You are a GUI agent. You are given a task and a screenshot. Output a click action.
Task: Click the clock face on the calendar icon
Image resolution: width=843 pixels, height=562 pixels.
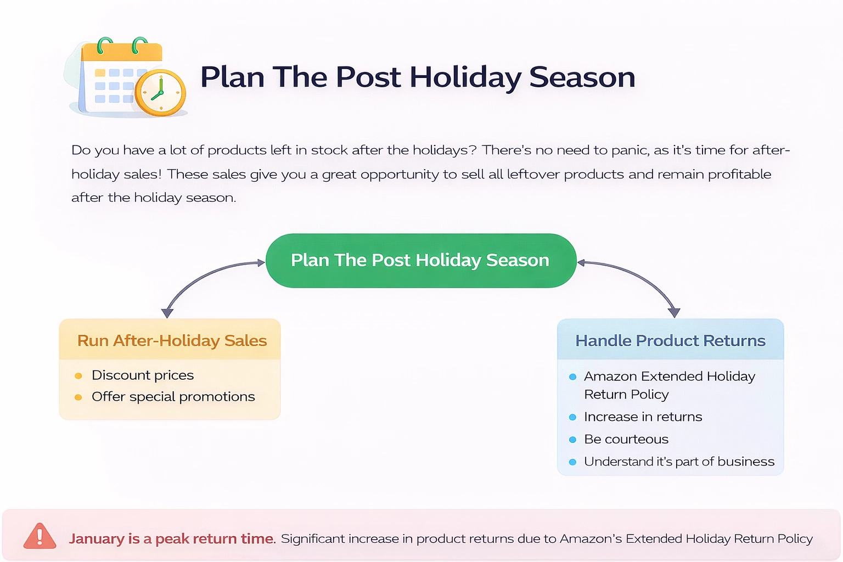160,93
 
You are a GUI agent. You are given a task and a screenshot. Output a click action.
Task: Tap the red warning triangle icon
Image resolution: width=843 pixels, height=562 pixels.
40,536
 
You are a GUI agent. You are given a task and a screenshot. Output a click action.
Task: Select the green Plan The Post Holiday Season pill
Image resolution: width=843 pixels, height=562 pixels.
421,261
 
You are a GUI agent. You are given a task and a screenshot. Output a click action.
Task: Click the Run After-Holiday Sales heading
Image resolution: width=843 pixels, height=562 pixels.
172,341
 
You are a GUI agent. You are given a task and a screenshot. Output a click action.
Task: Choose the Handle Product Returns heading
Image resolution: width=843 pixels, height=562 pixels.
670,341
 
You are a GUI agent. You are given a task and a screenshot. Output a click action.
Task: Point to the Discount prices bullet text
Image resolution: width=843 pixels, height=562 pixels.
143,375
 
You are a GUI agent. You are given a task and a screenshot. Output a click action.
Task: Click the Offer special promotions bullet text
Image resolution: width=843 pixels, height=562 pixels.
173,397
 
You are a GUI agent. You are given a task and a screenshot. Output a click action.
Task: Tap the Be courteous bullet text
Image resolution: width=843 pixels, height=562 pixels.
626,439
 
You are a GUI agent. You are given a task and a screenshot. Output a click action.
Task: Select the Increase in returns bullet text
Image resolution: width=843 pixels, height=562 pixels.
643,417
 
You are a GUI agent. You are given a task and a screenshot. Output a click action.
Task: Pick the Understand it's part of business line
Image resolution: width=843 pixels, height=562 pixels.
679,462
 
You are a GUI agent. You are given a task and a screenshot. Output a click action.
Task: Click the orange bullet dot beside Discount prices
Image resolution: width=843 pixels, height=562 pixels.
78,375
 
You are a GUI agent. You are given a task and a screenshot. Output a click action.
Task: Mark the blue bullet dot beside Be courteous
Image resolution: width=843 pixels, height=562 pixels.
572,440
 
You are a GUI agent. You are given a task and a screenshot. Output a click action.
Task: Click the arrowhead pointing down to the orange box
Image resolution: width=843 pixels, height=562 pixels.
167,313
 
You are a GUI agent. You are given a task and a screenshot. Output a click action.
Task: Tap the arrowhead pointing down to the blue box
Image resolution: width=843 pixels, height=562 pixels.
674,313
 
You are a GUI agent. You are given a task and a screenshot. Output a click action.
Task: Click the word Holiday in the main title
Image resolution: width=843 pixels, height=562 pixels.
465,78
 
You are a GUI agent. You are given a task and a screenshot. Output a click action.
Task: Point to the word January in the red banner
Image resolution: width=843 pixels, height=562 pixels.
97,538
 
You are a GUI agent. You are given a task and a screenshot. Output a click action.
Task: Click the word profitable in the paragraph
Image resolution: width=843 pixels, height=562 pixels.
739,175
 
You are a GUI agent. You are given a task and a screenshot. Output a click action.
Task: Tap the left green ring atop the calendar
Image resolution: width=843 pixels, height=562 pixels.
104,45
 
